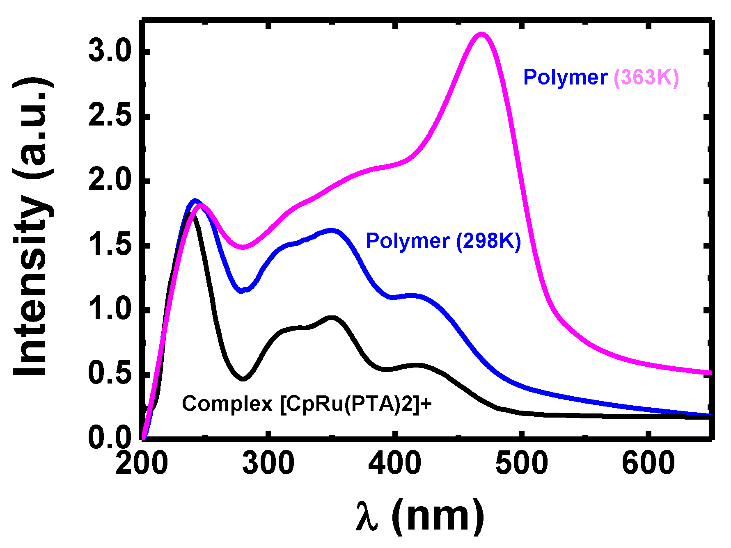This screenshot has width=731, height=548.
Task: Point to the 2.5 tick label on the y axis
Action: (x=110, y=116)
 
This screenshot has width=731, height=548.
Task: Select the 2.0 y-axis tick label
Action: (x=110, y=181)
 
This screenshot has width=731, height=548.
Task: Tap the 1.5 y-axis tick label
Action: (x=110, y=245)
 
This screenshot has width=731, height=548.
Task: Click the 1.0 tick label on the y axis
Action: (x=110, y=310)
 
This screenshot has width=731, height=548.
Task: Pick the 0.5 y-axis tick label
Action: (x=110, y=374)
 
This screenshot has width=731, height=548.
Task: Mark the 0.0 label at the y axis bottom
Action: (x=110, y=438)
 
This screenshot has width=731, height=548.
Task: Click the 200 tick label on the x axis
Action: (x=142, y=464)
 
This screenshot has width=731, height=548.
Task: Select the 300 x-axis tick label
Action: (x=268, y=464)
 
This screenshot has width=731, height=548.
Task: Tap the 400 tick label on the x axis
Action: (x=394, y=464)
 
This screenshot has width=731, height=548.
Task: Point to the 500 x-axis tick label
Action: (x=521, y=464)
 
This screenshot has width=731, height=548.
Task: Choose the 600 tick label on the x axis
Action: (x=648, y=464)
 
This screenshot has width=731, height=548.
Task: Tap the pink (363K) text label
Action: (x=646, y=77)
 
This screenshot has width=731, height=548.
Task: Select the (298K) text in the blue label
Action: (x=488, y=241)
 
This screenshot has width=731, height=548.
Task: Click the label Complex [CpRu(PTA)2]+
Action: (x=307, y=404)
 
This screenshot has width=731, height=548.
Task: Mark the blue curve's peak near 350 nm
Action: (x=331, y=231)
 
